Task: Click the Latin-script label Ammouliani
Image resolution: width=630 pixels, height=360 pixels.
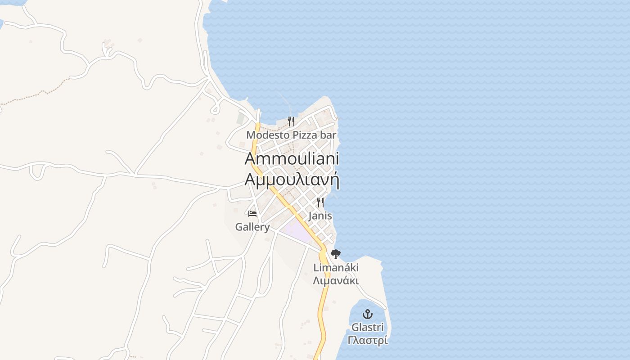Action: pos(292,158)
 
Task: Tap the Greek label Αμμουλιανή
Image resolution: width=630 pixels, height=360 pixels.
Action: pos(292,179)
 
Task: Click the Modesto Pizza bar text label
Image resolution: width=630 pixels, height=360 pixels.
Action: pos(291,135)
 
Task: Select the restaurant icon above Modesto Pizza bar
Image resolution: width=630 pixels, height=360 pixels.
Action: pos(291,121)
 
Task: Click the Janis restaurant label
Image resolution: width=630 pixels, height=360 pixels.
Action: pos(320,216)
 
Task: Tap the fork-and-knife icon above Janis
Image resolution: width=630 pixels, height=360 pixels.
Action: pos(320,202)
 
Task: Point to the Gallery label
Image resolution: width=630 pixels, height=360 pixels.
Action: pos(252,227)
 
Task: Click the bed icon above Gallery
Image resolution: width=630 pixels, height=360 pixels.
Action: pos(252,213)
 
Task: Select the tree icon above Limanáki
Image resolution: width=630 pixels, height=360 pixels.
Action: pos(336,254)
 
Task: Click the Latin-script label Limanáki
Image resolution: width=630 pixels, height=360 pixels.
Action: pos(336,268)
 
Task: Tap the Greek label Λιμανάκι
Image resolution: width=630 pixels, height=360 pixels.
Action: pos(336,281)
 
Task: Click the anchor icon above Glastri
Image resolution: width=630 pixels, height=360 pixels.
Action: pos(368,314)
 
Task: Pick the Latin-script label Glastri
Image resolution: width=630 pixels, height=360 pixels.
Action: pos(368,327)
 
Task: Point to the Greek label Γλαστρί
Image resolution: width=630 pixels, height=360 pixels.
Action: pos(368,340)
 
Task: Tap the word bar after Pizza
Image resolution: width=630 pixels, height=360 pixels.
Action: pos(328,135)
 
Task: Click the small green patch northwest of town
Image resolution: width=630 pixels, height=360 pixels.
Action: pos(241,118)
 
